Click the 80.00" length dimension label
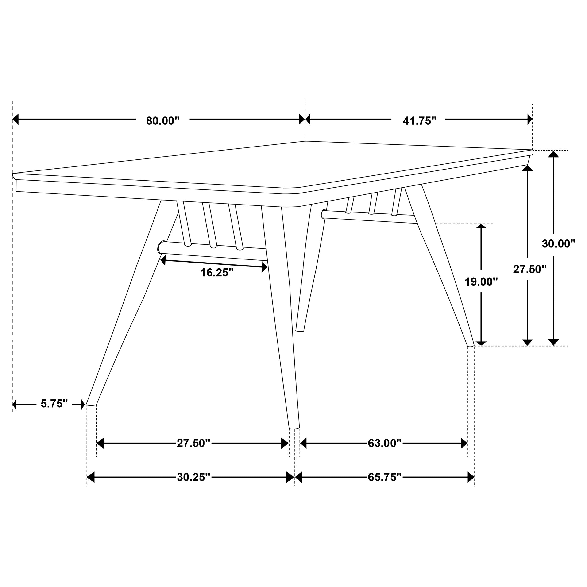[x=163, y=121]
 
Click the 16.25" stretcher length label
[x=217, y=273]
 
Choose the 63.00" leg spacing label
[x=385, y=443]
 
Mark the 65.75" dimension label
[x=385, y=477]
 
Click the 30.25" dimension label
[x=193, y=477]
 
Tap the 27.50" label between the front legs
[x=193, y=443]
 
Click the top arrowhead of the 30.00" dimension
[x=554, y=154]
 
